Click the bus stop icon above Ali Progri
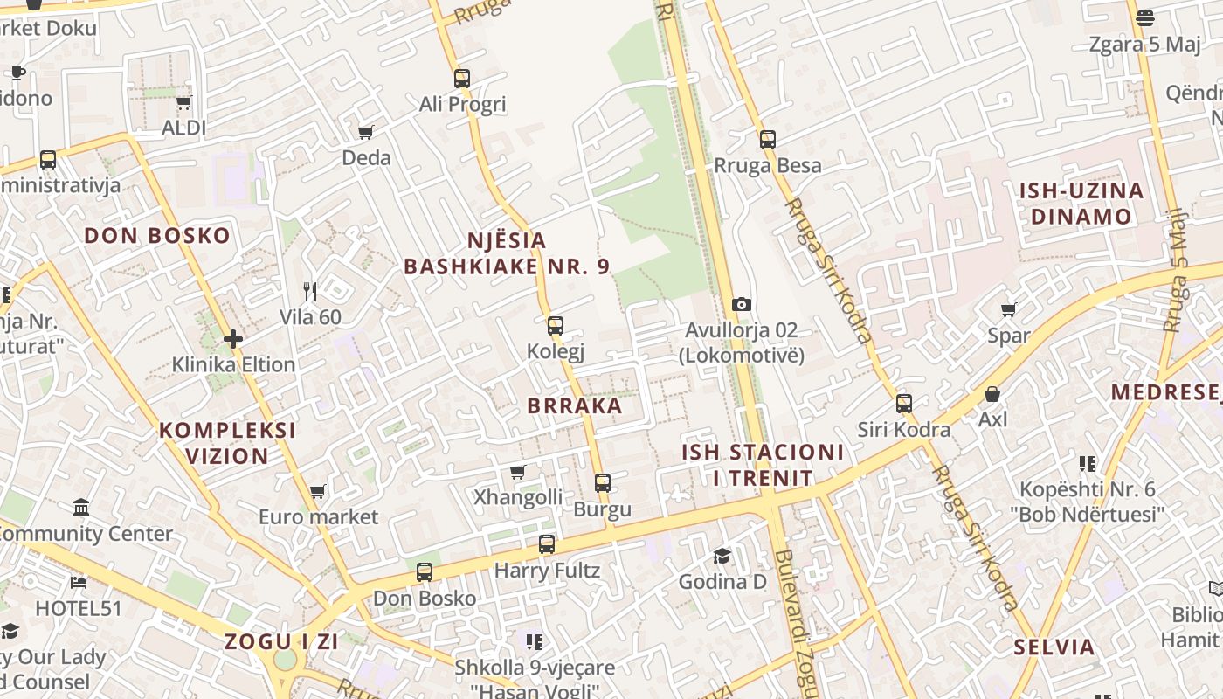[462, 79]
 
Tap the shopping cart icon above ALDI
[183, 103]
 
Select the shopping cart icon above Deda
[366, 132]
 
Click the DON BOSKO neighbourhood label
[157, 235]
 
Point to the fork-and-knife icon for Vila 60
[310, 291]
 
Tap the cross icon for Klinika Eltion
[233, 338]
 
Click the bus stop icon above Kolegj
[555, 327]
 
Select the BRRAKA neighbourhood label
[575, 405]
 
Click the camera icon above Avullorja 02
[741, 304]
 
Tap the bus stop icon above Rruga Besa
[768, 140]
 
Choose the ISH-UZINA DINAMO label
[1081, 204]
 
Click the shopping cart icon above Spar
[1009, 309]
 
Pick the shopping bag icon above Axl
[992, 394]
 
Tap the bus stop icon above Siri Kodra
[904, 404]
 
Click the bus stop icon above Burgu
[603, 482]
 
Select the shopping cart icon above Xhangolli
[517, 473]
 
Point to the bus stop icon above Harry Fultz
[547, 544]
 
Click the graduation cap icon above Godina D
[722, 556]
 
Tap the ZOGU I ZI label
[281, 641]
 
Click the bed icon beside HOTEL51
[79, 583]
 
